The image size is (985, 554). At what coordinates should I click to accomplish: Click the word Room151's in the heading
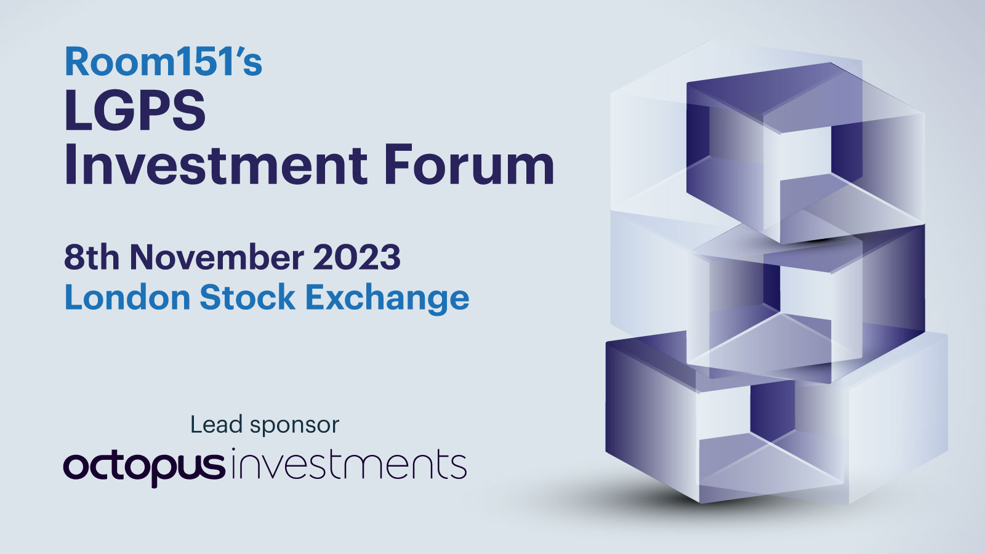tap(164, 62)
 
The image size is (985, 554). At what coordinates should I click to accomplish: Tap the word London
tap(127, 297)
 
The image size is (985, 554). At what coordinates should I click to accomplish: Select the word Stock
tap(247, 297)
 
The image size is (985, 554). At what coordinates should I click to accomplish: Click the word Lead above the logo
tap(216, 424)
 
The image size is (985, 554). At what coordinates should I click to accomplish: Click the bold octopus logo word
tap(144, 468)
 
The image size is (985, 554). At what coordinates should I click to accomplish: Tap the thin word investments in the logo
tap(348, 464)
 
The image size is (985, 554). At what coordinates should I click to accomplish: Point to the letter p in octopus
tap(164, 471)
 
